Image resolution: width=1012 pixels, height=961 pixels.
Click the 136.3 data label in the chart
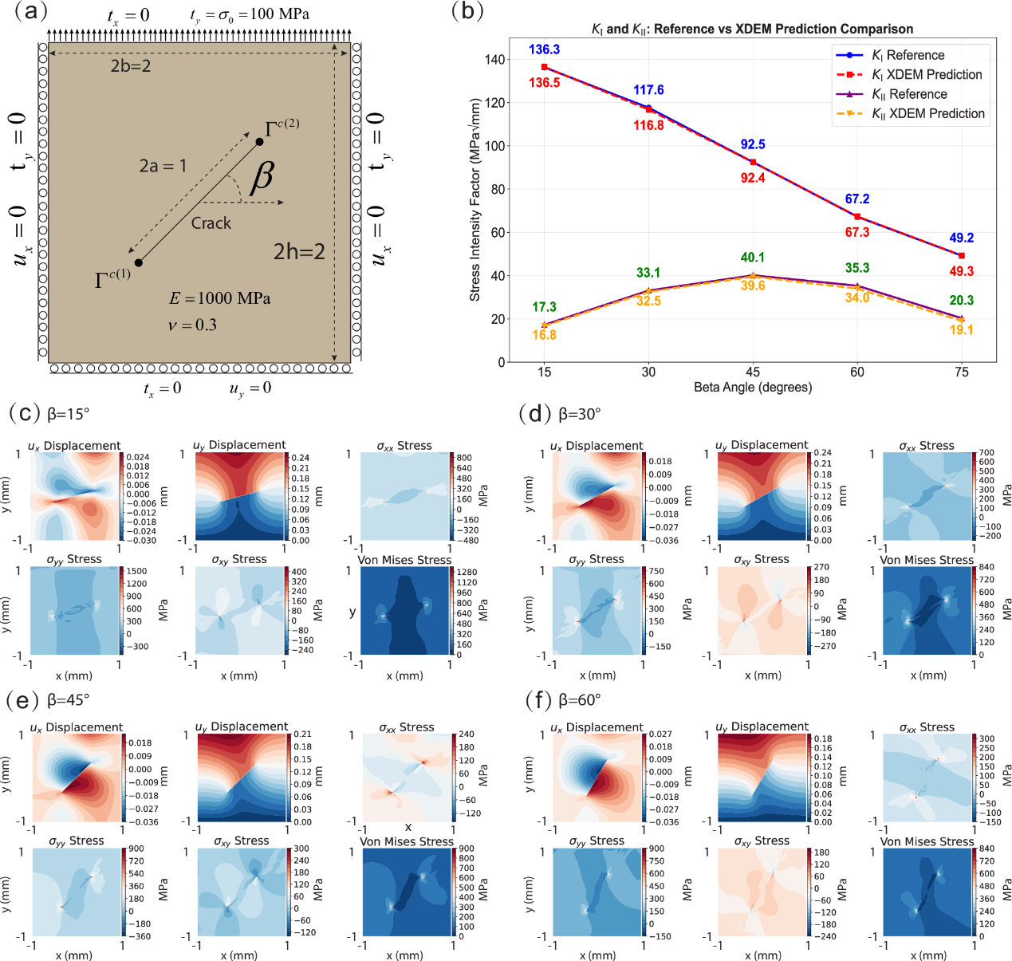point(544,49)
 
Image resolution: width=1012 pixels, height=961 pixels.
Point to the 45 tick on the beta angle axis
point(753,372)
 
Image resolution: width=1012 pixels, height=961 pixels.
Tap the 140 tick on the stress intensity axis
point(494,60)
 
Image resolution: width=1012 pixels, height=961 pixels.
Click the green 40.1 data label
point(753,258)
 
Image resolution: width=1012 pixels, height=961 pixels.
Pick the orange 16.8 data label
point(544,335)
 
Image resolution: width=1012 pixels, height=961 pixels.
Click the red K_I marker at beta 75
point(962,255)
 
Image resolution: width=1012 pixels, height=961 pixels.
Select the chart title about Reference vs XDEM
point(752,29)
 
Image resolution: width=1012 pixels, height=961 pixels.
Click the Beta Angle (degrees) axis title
point(753,387)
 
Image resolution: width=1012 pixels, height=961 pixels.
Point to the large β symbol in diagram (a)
point(262,178)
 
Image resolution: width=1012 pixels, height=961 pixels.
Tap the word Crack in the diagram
point(211,223)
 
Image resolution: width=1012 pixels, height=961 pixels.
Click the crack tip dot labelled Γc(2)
point(260,141)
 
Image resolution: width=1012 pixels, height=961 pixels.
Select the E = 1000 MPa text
point(220,298)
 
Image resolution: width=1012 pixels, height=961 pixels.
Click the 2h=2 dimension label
point(299,252)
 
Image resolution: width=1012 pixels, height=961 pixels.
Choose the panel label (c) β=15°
point(49,414)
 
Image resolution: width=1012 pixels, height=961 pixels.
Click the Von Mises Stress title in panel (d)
point(927,560)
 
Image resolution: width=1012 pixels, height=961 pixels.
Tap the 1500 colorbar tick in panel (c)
point(137,571)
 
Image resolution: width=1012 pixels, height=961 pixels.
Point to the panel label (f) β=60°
point(563,700)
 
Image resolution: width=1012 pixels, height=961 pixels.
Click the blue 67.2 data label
point(857,199)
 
